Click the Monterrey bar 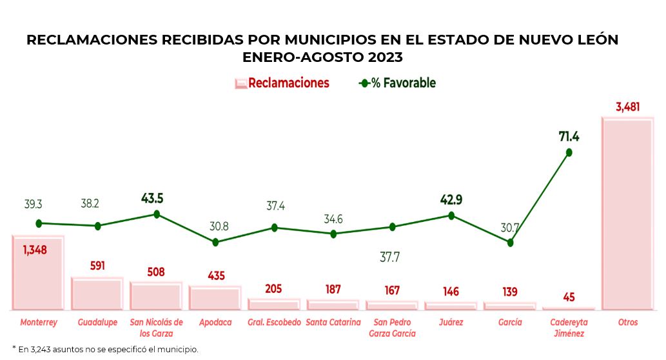click(x=38, y=274)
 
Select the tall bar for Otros click(x=627, y=214)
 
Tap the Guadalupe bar click(x=97, y=294)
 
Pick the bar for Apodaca click(x=215, y=298)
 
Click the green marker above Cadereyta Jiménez click(x=569, y=152)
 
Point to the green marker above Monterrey click(x=39, y=223)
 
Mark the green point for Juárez click(x=451, y=215)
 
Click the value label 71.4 click(x=569, y=136)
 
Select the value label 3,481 click(x=627, y=107)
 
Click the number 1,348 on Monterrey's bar click(x=35, y=250)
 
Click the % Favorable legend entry click(x=398, y=83)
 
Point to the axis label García click(x=510, y=322)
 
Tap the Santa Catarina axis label click(x=333, y=322)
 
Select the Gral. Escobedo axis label click(x=274, y=322)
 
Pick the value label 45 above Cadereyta click(x=569, y=297)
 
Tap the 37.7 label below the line click(x=389, y=257)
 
